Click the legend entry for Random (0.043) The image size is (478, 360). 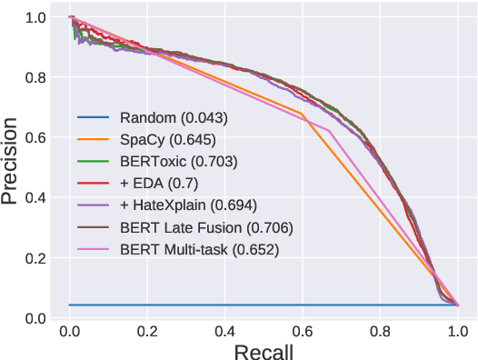click(x=174, y=118)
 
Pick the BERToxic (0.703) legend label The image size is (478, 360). click(x=178, y=162)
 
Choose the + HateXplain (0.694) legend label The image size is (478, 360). click(x=187, y=205)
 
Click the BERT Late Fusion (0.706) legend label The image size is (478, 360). click(x=205, y=226)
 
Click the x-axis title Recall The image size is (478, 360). click(x=264, y=350)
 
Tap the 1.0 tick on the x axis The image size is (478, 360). click(x=458, y=328)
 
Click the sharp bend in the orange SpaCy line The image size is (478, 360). click(x=301, y=113)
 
